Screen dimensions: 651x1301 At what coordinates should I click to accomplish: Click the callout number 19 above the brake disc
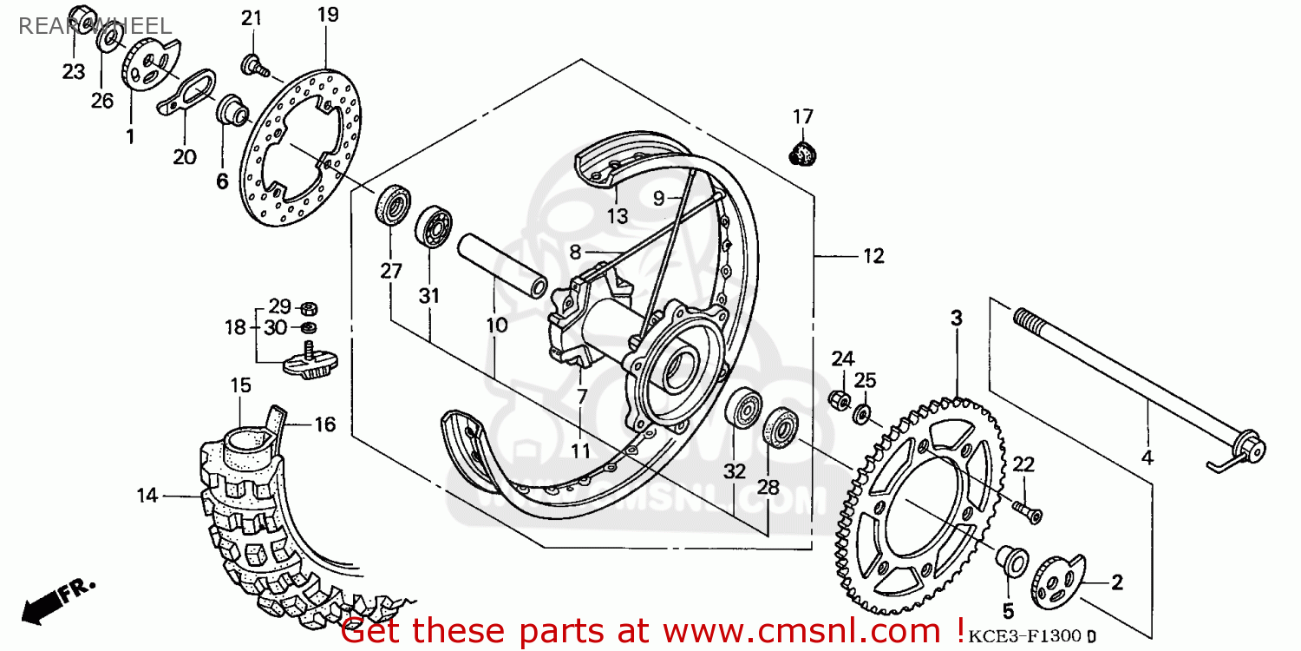coord(327,15)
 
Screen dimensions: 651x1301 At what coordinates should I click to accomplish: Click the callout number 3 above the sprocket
coord(956,319)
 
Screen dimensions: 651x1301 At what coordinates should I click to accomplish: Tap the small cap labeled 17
coord(803,153)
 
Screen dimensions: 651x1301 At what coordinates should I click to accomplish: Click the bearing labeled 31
coord(433,228)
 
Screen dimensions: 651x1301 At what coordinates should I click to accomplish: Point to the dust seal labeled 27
coord(394,205)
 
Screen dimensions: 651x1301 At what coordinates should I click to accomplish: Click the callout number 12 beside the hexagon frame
coord(873,256)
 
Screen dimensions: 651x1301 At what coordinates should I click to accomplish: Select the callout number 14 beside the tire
coord(147,496)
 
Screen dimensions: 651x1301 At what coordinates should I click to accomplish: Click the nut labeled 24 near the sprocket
coord(839,398)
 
